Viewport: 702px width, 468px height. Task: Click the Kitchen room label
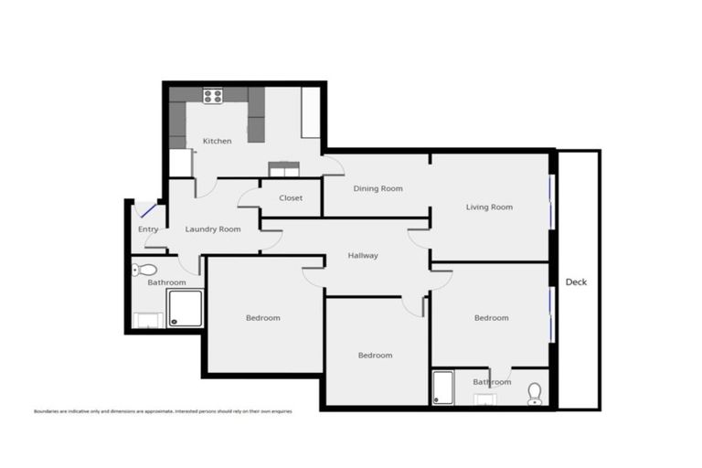(217, 141)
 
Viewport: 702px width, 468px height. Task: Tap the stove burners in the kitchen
(213, 94)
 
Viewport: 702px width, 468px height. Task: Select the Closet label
(291, 197)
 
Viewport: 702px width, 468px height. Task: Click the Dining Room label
(378, 188)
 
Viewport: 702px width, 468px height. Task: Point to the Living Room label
(489, 207)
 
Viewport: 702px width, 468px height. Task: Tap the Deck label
(576, 282)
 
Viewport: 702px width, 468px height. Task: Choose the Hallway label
(363, 255)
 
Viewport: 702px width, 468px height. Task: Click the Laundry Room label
(213, 229)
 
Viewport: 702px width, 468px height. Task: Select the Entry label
(148, 229)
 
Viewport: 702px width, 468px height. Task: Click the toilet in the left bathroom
(144, 270)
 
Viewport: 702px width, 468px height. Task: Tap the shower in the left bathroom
(185, 309)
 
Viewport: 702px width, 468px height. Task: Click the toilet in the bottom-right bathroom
(535, 393)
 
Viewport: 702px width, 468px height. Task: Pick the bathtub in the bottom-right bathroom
(443, 387)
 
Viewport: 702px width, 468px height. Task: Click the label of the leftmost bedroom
(263, 318)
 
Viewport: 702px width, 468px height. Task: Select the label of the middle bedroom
(375, 355)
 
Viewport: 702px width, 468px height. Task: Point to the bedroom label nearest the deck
(491, 318)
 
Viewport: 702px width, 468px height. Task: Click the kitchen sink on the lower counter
(283, 167)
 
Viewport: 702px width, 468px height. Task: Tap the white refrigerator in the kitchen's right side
(311, 112)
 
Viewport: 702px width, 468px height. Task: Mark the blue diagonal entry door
(147, 212)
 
